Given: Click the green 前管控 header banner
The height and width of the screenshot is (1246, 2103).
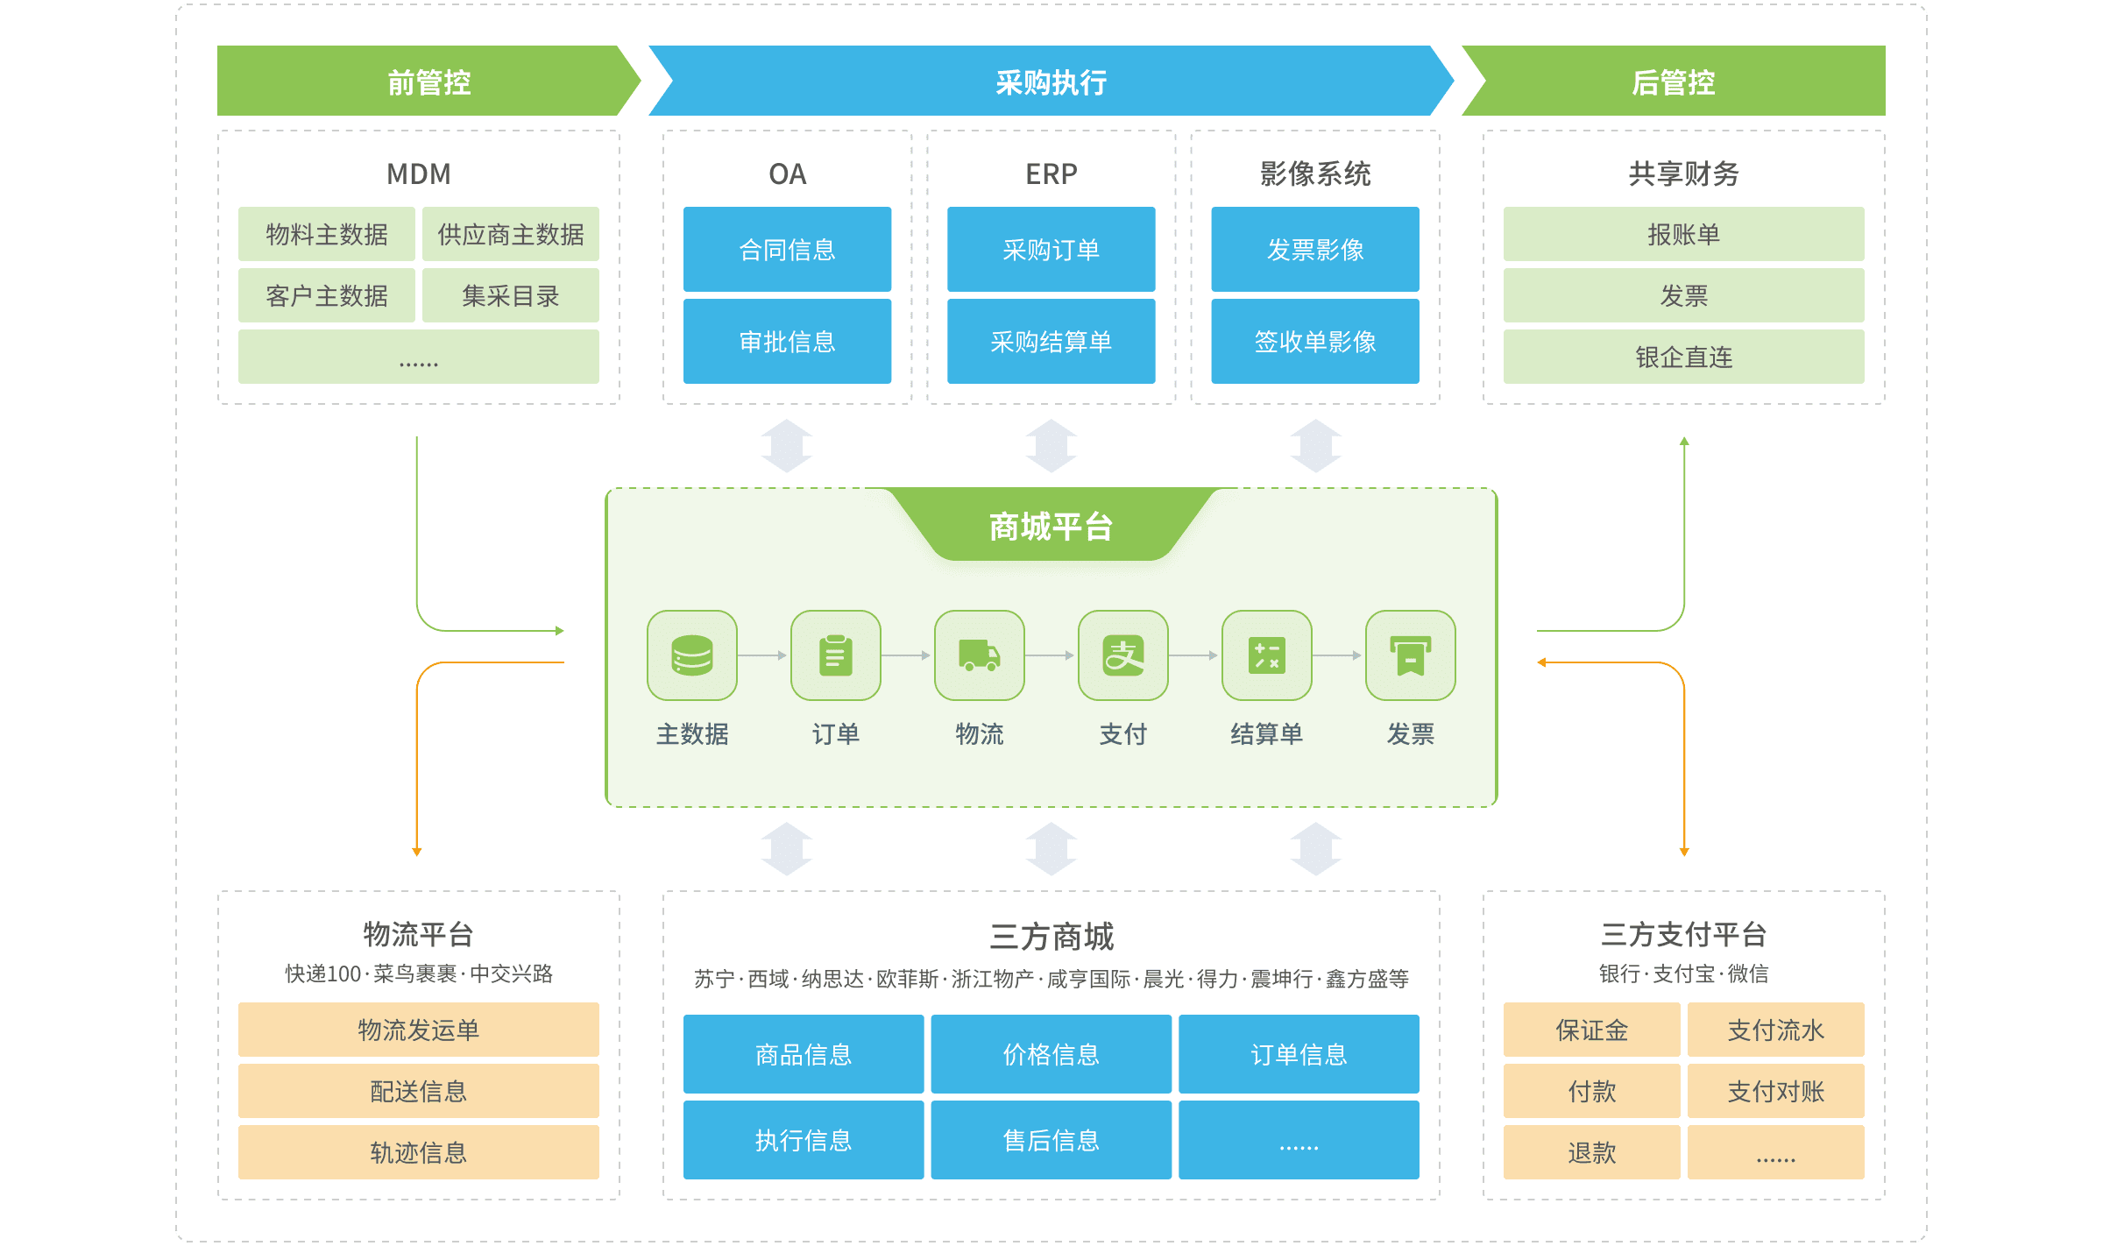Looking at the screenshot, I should [x=428, y=81].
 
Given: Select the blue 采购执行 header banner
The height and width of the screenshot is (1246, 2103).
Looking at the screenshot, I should [x=1051, y=81].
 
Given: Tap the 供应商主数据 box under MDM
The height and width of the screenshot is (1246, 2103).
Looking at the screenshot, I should [x=510, y=234].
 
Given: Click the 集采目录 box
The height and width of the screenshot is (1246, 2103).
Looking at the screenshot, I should [x=510, y=295].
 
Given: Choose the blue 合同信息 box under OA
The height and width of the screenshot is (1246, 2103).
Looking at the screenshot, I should [x=787, y=250].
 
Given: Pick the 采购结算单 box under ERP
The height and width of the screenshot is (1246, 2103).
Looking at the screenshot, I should [x=1051, y=341].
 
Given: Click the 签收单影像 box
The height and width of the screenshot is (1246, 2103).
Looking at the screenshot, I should [x=1314, y=341].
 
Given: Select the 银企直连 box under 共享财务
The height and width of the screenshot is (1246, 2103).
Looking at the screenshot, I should [x=1683, y=357].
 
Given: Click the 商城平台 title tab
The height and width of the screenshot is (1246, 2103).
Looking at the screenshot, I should [x=1051, y=526].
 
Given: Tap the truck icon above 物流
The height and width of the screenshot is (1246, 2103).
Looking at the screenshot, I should [x=979, y=655].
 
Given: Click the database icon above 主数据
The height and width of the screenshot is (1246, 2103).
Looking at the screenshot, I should [x=691, y=655].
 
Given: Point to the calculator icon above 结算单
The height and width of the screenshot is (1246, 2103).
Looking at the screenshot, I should [x=1266, y=655].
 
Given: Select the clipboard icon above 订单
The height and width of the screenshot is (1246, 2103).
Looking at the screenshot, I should [x=835, y=655].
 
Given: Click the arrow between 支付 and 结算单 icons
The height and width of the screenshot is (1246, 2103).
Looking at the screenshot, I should [x=1194, y=655].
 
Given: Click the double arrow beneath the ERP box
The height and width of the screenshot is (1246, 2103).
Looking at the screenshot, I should [x=1051, y=446].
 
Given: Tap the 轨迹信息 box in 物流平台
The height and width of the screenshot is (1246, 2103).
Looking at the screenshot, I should [x=418, y=1152].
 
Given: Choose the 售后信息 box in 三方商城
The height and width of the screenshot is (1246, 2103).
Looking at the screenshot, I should [x=1051, y=1140].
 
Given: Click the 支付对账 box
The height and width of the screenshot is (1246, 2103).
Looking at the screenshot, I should [x=1775, y=1091].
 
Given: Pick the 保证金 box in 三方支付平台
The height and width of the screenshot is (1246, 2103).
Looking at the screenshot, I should [x=1591, y=1030].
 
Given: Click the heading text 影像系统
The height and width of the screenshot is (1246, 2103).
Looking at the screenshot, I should [x=1314, y=173].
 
